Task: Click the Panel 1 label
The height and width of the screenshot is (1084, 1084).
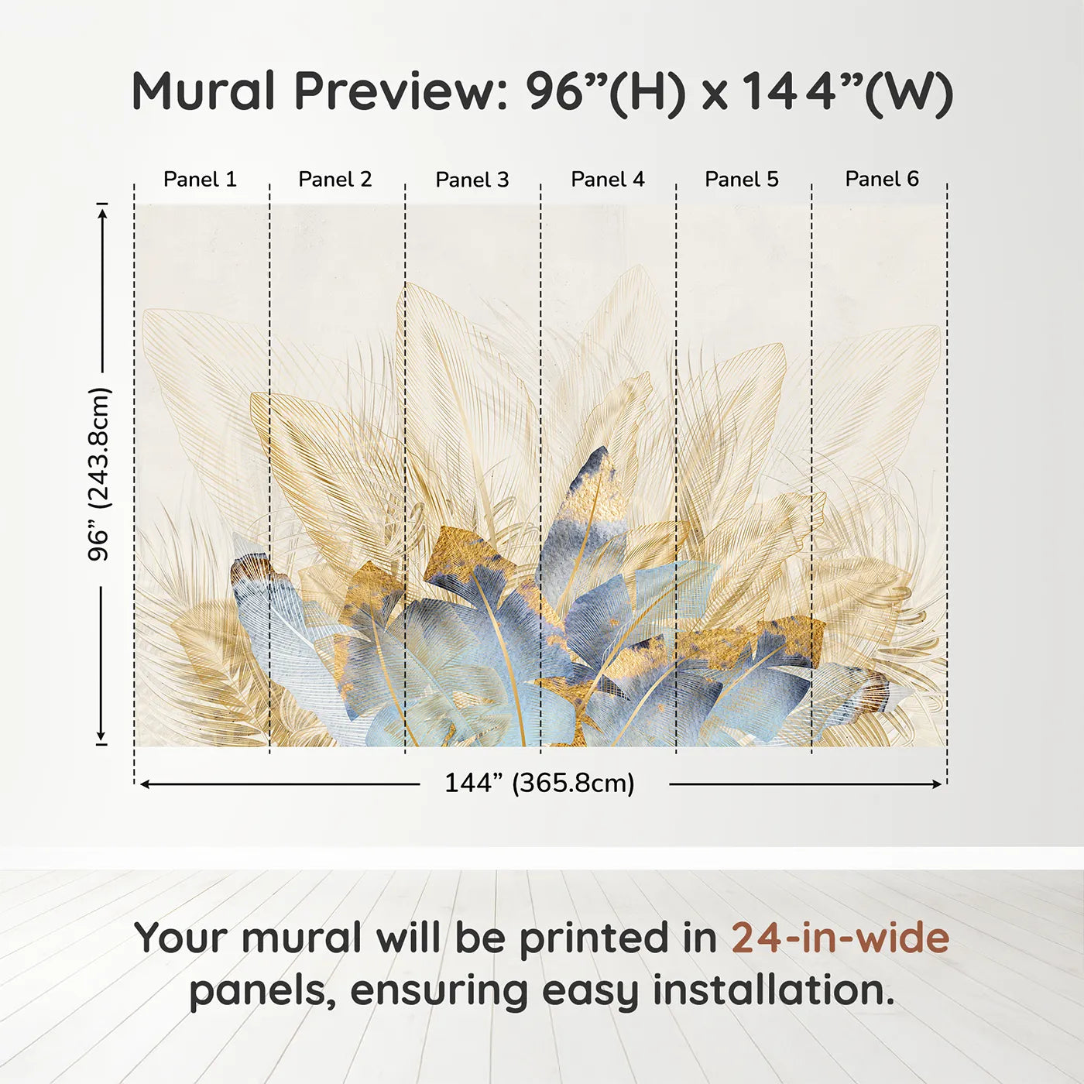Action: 200,180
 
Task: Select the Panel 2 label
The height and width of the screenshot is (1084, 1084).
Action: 335,180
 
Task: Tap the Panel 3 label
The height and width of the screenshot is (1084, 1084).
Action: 472,180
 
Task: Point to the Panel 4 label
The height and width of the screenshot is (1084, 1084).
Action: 608,180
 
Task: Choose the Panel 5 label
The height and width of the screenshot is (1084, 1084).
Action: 742,180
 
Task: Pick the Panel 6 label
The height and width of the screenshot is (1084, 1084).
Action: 882,179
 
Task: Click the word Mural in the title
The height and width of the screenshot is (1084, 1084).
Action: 204,91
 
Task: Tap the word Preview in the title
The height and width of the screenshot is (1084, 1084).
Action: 400,91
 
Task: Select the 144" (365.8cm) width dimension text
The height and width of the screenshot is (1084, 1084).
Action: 540,784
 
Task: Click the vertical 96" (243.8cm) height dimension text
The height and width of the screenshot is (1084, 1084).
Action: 99,474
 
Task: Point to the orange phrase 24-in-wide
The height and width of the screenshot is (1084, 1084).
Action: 840,938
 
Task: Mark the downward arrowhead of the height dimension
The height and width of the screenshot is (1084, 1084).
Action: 101,737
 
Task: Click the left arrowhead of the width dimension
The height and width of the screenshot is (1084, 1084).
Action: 145,784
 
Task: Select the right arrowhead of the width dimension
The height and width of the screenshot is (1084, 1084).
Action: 938,784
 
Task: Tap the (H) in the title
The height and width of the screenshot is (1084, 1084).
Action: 648,93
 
